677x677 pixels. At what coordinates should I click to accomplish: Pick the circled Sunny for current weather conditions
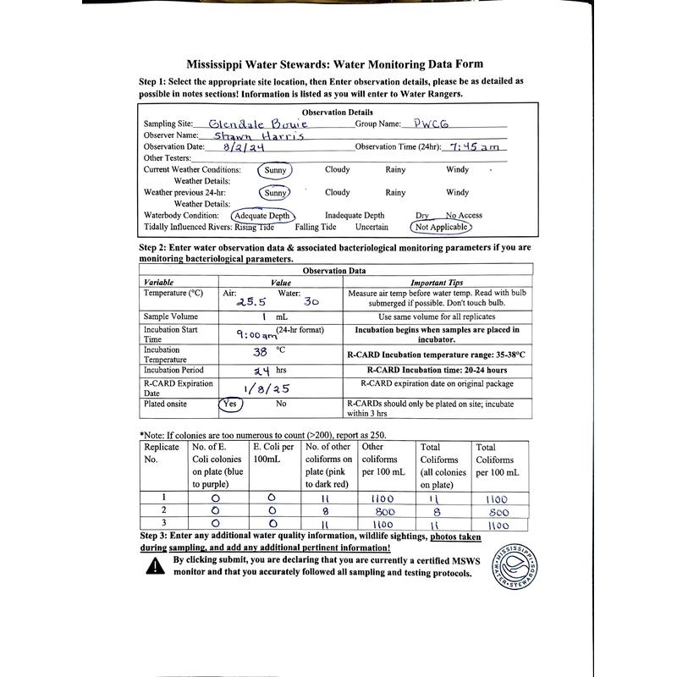(x=276, y=170)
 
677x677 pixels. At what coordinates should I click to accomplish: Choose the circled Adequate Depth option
(x=262, y=216)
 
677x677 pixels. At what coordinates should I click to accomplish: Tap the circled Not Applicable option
(x=440, y=227)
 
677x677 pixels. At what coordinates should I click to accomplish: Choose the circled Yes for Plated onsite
(x=230, y=405)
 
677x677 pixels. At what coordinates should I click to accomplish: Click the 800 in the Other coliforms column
(x=385, y=511)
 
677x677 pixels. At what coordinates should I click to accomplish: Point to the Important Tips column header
(x=437, y=282)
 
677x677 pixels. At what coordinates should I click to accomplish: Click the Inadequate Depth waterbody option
(x=354, y=216)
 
